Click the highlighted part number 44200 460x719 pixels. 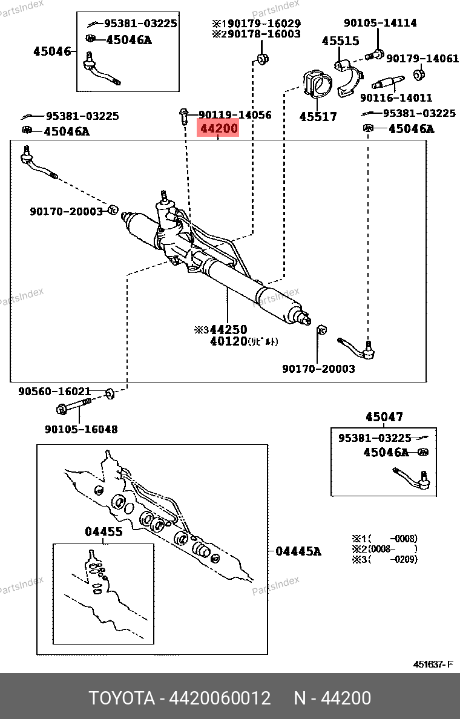point(218,129)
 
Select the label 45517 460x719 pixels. point(318,116)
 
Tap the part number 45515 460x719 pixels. point(340,41)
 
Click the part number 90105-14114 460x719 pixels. point(380,23)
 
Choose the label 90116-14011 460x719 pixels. point(396,97)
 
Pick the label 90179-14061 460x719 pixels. point(422,59)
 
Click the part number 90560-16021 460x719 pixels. point(54,392)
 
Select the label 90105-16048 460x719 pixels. point(81,429)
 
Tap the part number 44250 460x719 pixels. point(228,330)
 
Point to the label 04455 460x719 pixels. point(103,531)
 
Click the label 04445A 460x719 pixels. point(298,551)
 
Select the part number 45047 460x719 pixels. point(384,417)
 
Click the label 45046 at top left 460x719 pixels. point(52,51)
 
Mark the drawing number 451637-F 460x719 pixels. point(433,665)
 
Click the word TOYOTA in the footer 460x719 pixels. point(122,698)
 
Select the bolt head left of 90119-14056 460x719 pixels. point(183,113)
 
